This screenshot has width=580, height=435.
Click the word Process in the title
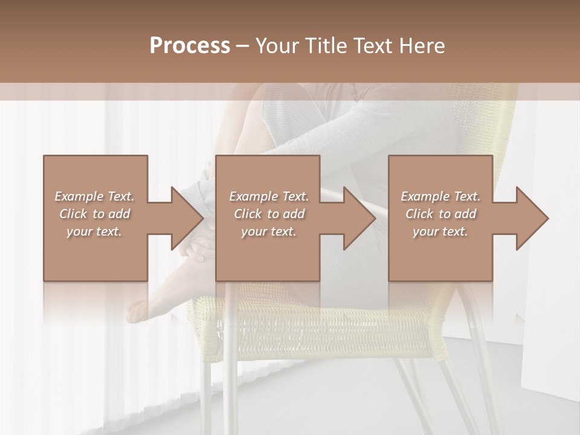[190, 46]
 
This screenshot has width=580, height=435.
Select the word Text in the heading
[372, 46]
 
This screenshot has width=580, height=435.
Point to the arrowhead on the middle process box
[359, 218]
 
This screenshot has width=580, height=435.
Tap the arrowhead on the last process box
[532, 218]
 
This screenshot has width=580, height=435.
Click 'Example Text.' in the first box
[94, 196]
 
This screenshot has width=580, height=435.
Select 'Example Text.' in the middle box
[269, 196]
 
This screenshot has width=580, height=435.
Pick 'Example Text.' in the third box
[440, 196]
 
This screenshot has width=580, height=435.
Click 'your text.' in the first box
[94, 231]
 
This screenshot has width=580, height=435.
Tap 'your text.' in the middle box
[269, 231]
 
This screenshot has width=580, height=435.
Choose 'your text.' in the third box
[440, 231]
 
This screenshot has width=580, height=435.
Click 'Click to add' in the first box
[94, 214]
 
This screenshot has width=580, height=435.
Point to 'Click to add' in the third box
[440, 214]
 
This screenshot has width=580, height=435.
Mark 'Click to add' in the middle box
[269, 214]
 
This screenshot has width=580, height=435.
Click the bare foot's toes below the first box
[136, 311]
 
